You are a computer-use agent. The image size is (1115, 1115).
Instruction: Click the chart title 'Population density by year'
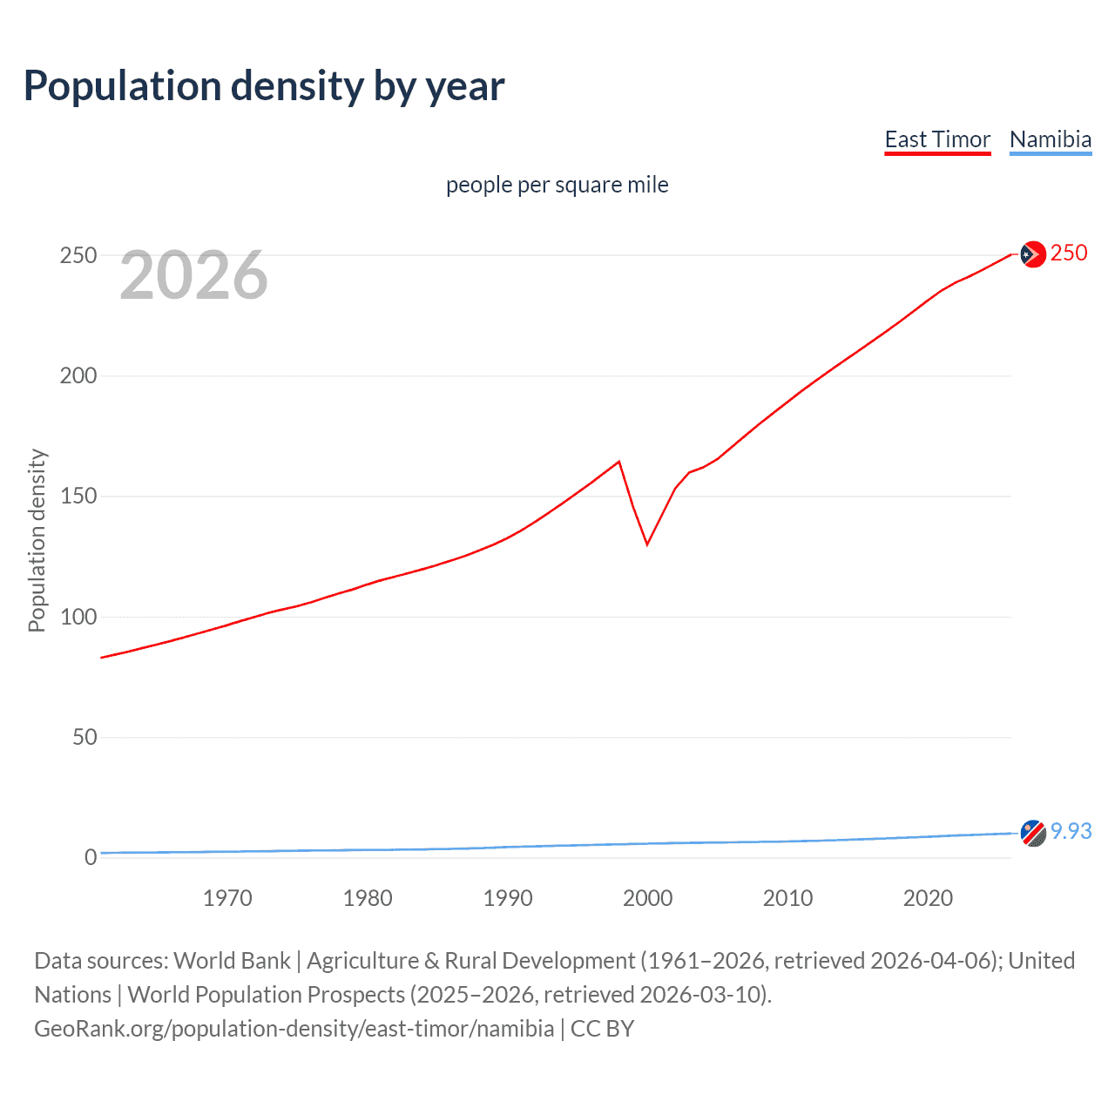[264, 85]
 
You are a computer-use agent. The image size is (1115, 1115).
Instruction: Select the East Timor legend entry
[937, 139]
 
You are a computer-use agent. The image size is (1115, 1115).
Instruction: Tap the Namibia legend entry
[1050, 139]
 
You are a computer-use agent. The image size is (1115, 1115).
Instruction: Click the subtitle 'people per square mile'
[557, 185]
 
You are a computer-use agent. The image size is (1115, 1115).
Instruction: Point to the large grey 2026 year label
[193, 275]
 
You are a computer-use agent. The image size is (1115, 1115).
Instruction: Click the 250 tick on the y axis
[78, 255]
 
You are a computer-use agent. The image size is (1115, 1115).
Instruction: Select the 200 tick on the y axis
[78, 375]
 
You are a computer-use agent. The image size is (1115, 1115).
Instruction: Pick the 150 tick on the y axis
[78, 497]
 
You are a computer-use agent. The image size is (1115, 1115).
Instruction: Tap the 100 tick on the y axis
[78, 617]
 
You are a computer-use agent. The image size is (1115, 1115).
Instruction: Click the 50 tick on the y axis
[84, 737]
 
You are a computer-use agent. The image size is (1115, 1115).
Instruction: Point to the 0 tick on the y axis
[91, 857]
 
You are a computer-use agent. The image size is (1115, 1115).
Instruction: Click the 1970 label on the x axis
[227, 898]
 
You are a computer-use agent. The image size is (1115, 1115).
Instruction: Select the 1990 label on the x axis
[508, 898]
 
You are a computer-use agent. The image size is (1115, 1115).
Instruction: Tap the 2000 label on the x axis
[647, 898]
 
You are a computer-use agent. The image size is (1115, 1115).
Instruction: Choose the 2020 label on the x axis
[928, 898]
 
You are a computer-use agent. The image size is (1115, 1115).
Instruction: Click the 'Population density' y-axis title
[37, 540]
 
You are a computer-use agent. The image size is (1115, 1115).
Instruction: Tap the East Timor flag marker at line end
[1032, 253]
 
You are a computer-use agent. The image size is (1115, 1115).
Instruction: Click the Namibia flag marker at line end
[1032, 833]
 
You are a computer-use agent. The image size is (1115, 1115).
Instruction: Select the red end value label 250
[1069, 253]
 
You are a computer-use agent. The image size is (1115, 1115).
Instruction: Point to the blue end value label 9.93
[1071, 831]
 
